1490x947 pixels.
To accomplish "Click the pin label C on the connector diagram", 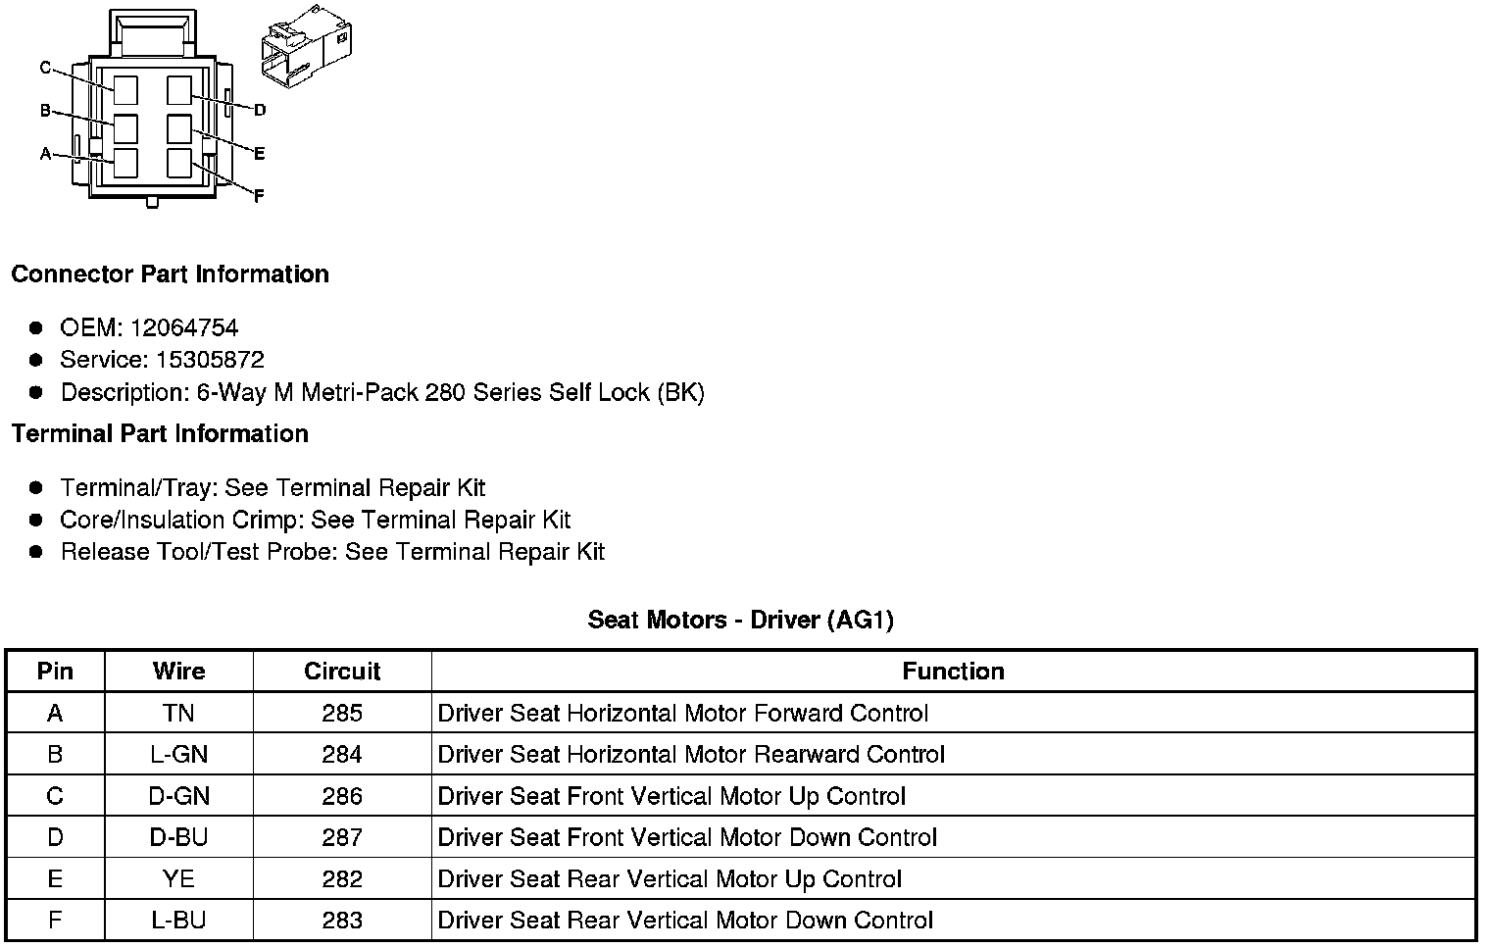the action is click(45, 68).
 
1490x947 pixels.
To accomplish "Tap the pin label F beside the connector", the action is click(259, 196).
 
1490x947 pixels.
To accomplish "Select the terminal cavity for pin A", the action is click(124, 163).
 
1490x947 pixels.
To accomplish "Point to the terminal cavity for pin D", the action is click(178, 90).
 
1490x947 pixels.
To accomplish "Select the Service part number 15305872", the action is click(210, 360).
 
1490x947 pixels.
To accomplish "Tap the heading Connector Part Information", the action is click(170, 274).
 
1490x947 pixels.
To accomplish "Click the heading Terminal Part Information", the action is click(160, 434).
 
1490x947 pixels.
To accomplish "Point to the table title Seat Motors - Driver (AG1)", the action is click(740, 620).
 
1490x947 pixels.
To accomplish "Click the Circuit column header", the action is click(342, 672).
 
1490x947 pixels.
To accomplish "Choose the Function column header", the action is click(953, 672).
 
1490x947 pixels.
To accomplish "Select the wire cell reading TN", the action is click(178, 714).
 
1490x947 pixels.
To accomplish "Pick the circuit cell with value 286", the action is click(342, 796).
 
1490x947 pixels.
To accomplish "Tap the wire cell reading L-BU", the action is click(178, 921).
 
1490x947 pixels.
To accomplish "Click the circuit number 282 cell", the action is click(342, 879).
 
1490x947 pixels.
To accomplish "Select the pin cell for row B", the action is click(55, 755).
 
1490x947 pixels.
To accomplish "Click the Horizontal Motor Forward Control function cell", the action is click(682, 714).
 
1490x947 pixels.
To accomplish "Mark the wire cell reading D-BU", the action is click(178, 838).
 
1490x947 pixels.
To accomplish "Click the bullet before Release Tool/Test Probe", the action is click(36, 552).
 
